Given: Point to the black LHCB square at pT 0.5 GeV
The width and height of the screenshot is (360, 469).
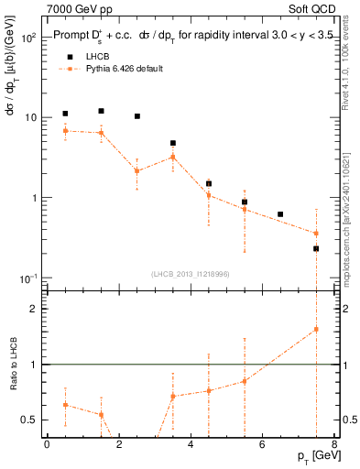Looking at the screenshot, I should pos(65,114).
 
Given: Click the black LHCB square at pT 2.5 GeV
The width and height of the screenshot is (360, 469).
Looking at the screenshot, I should pos(136,116).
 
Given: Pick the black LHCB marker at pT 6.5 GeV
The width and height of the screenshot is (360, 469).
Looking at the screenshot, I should pos(280,214).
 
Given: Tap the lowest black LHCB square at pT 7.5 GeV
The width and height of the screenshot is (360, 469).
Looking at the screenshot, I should pos(316,248).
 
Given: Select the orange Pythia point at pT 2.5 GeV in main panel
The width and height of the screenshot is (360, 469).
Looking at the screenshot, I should pos(136,170).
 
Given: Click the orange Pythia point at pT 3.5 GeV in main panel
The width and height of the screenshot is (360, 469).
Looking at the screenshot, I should pos(172,157).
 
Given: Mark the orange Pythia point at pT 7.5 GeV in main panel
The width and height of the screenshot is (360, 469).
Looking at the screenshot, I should pos(316,233).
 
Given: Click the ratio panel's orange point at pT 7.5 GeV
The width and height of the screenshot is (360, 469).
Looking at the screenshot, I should pos(316,330).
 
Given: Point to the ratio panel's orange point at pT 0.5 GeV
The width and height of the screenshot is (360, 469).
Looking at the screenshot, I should pos(65,404).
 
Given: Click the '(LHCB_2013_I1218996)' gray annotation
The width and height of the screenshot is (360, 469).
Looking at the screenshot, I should pos(191,274).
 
